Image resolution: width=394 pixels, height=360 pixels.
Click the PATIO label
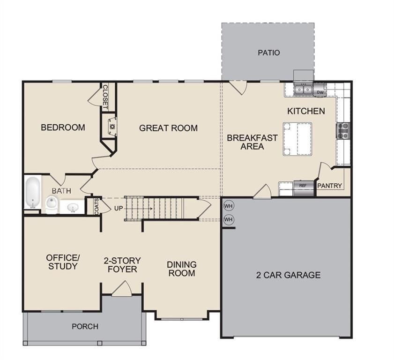pos(268,52)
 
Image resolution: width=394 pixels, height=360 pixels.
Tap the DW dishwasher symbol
pos(320,92)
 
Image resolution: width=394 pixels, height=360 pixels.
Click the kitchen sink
pos(303,89)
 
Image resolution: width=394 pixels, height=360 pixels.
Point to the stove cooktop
pos(343,130)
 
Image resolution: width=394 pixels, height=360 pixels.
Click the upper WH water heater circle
pos(228,206)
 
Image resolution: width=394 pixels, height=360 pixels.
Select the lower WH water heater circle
pos(228,219)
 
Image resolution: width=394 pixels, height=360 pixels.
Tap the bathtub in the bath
pos(33,192)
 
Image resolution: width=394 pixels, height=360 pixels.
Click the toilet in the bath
pos(52,205)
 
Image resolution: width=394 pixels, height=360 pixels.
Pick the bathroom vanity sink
pos(73,208)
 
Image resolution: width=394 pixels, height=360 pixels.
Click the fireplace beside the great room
pos(112,127)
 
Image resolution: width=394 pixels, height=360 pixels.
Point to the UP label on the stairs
pos(119,209)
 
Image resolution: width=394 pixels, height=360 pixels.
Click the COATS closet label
pos(97,207)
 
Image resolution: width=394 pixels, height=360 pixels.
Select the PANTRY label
pos(329,186)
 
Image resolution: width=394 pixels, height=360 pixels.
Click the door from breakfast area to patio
pos(238,88)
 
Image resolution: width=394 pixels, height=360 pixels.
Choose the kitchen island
pos(297,139)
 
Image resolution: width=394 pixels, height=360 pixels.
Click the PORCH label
pos(85,326)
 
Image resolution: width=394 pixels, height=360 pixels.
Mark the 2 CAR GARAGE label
pos(288,275)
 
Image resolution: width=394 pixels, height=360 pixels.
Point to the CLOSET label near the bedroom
pos(105,97)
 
